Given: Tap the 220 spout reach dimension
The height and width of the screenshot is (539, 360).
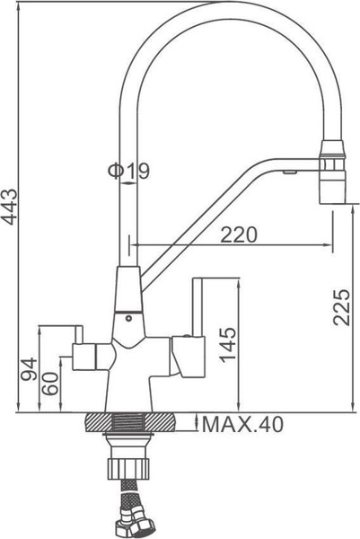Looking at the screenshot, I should coord(239,234).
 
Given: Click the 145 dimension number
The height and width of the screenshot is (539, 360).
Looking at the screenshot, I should coord(227,340).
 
